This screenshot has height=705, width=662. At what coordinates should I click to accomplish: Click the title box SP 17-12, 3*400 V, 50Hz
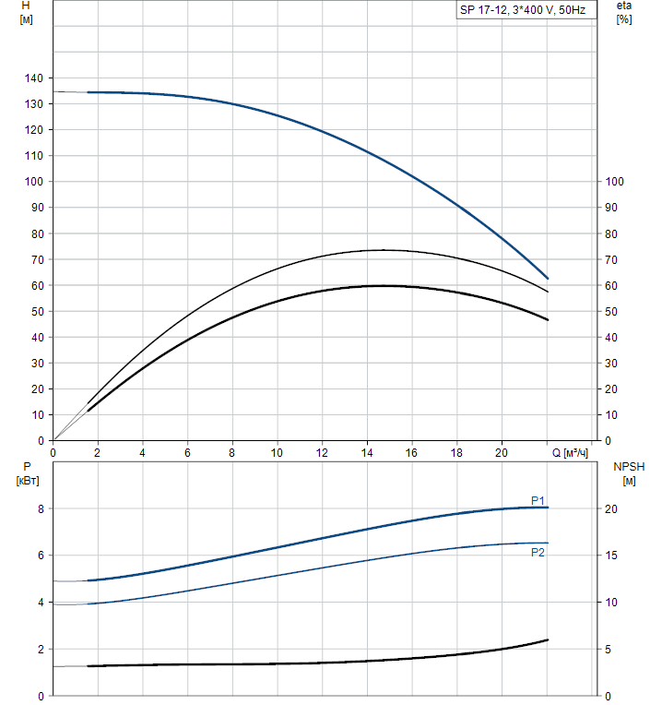[x=526, y=11]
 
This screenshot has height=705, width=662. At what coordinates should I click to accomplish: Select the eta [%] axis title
[x=623, y=13]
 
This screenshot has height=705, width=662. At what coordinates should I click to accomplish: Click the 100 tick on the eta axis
[x=614, y=182]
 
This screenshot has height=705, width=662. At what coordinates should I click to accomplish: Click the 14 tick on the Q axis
[x=367, y=453]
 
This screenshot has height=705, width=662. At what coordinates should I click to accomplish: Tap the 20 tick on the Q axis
[x=502, y=453]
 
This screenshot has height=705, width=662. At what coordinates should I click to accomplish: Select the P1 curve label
[x=538, y=500]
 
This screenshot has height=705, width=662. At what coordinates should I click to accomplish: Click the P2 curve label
[x=538, y=553]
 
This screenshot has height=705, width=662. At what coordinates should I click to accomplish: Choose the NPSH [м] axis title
[x=629, y=473]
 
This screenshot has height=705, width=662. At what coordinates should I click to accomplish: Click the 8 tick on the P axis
[x=41, y=508]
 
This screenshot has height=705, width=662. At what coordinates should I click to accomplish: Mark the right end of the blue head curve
[x=548, y=278]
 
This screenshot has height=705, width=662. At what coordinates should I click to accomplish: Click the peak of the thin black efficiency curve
[x=383, y=250]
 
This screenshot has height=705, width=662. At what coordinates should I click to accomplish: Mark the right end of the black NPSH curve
[x=548, y=639]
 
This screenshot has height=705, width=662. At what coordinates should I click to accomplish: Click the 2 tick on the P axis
[x=41, y=649]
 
